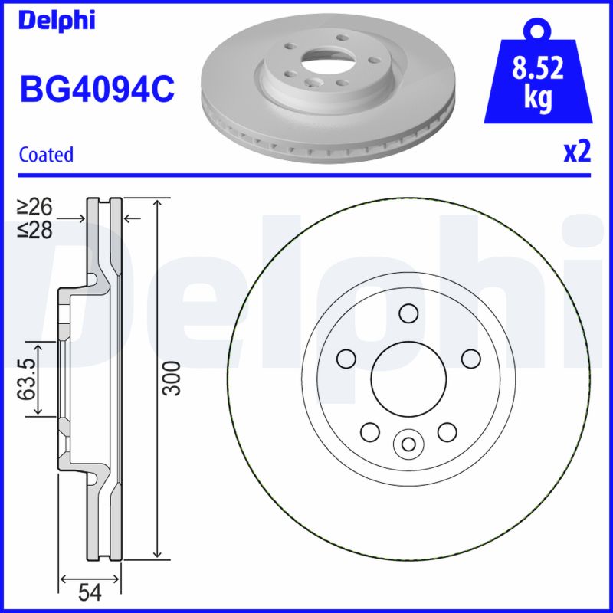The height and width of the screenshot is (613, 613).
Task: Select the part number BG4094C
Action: pos(97,90)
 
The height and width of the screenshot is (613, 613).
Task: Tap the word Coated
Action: pos(46,154)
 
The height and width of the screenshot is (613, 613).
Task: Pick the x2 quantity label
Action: pos(577,152)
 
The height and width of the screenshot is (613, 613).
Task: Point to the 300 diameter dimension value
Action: pos(174,378)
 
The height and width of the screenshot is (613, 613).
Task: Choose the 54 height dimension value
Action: pos(91,592)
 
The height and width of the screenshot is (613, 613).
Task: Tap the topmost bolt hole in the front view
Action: pos(408,313)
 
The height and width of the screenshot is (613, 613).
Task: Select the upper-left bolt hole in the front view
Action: pos(346,358)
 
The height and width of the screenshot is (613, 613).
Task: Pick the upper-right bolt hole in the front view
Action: pos(470,358)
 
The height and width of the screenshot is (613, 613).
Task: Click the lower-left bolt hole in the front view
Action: pos(369,431)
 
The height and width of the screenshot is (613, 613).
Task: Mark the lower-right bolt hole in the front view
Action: pos(447,431)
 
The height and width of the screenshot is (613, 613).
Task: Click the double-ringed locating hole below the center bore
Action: pos(408,443)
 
